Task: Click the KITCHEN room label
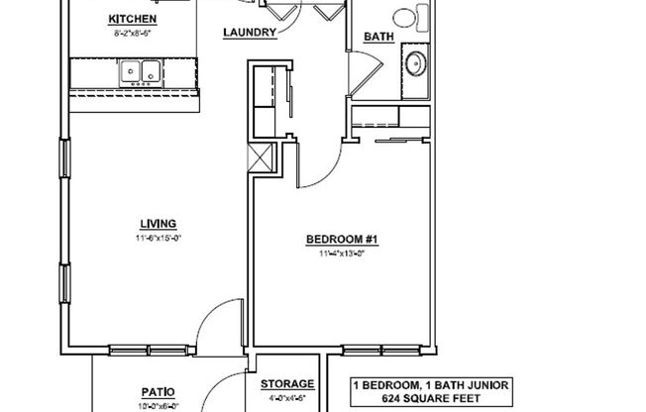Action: pyautogui.click(x=132, y=19)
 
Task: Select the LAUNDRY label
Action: pyautogui.click(x=249, y=32)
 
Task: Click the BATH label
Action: pyautogui.click(x=378, y=38)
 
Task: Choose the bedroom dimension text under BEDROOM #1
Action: pyautogui.click(x=335, y=254)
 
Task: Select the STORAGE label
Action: pyautogui.click(x=287, y=384)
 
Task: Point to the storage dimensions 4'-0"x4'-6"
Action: pyautogui.click(x=287, y=398)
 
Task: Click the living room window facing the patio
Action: pyautogui.click(x=141, y=349)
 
